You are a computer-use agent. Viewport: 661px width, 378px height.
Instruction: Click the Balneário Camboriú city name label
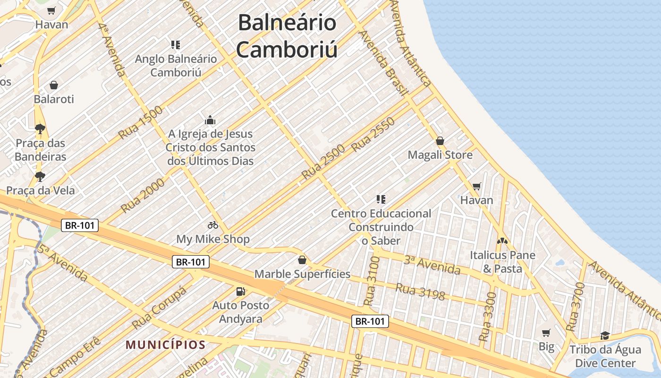(x=287, y=36)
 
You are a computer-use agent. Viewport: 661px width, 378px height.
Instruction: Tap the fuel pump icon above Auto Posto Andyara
(x=241, y=292)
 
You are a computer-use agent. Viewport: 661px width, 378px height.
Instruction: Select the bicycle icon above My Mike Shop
(x=213, y=225)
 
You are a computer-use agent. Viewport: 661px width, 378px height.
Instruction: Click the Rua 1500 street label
(x=140, y=122)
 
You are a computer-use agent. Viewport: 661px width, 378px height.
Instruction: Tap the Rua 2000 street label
(x=143, y=195)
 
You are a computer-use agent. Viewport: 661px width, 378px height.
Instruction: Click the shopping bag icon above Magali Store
(x=440, y=141)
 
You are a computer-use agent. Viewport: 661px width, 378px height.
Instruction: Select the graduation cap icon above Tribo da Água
(x=605, y=336)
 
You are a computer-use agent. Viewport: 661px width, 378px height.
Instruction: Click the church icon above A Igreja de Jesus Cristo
(x=210, y=120)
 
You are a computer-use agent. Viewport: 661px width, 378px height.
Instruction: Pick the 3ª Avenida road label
(x=432, y=265)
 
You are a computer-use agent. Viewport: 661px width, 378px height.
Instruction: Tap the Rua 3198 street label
(x=420, y=292)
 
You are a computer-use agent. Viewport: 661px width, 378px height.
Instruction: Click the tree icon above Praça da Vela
(x=40, y=177)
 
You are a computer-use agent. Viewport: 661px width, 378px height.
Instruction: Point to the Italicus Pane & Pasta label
(x=502, y=262)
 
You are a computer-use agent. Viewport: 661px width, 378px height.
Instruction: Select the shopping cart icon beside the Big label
(x=546, y=333)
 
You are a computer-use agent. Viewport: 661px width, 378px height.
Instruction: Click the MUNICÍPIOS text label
(x=166, y=344)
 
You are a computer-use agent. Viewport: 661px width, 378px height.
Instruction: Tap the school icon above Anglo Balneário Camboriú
(x=176, y=45)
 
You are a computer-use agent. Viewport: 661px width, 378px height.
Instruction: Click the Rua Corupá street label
(x=159, y=308)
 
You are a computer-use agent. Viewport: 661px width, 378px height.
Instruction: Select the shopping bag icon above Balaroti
(x=54, y=85)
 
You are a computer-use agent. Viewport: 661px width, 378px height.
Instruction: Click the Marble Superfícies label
(x=302, y=274)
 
